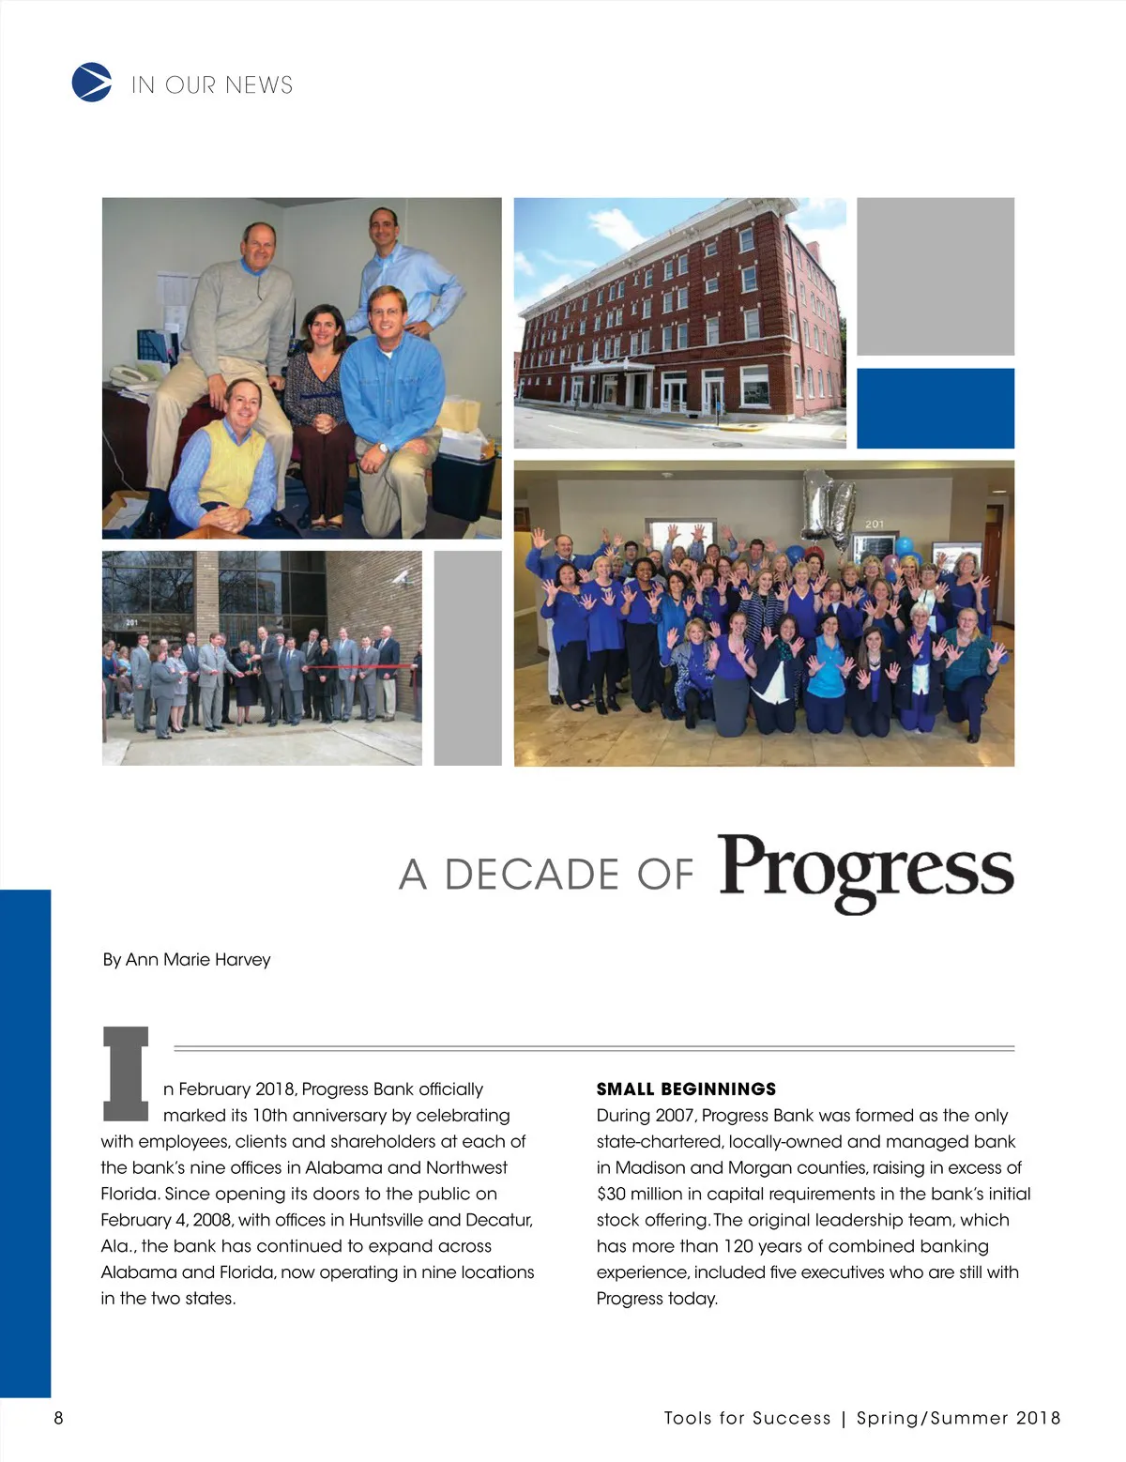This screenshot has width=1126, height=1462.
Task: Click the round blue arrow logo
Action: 91,83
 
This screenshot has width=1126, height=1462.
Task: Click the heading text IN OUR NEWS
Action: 212,85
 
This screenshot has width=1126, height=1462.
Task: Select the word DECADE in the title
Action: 531,875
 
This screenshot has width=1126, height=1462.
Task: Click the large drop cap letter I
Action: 126,1074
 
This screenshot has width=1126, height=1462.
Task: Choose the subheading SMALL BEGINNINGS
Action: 686,1089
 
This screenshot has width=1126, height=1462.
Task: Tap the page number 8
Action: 59,1417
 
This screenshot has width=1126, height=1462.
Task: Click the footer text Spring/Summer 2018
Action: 958,1418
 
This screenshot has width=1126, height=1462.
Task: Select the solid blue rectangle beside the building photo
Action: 936,408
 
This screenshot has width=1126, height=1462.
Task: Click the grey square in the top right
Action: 936,276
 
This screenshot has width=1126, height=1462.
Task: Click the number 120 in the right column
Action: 739,1246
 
